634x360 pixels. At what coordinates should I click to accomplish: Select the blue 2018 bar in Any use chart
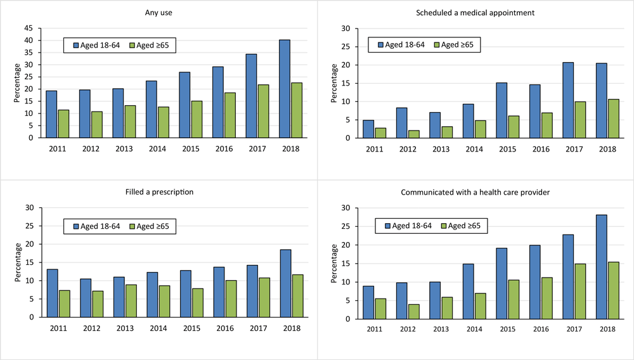tap(285, 89)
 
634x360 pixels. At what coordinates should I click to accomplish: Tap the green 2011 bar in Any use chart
tap(63, 124)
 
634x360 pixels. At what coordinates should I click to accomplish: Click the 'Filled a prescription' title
tap(158, 191)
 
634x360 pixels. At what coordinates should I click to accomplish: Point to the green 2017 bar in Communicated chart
tap(580, 292)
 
